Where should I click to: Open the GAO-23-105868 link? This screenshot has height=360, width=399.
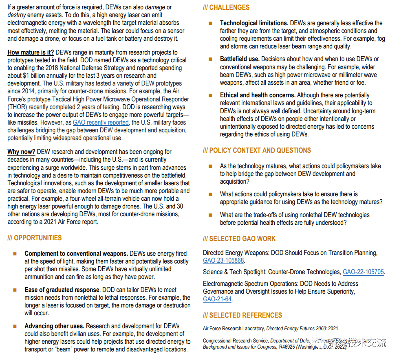click(x=223, y=261)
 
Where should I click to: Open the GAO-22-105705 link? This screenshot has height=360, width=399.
click(x=363, y=272)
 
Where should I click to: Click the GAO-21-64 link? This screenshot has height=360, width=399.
click(x=217, y=299)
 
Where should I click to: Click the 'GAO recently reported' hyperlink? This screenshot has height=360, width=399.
click(x=101, y=123)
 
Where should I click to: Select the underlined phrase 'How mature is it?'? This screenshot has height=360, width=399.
click(x=31, y=53)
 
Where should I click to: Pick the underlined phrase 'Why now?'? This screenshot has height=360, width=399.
click(x=21, y=152)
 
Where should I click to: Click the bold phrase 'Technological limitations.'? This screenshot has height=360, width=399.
click(x=254, y=23)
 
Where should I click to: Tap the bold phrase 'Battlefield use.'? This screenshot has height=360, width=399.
click(x=240, y=59)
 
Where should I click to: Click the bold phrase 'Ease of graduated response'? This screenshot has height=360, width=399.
click(x=62, y=290)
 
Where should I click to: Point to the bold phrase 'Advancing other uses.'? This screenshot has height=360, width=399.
click(x=54, y=326)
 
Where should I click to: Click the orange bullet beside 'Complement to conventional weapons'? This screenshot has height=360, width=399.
click(x=15, y=254)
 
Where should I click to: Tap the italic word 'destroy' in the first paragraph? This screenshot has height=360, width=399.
click(x=16, y=15)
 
